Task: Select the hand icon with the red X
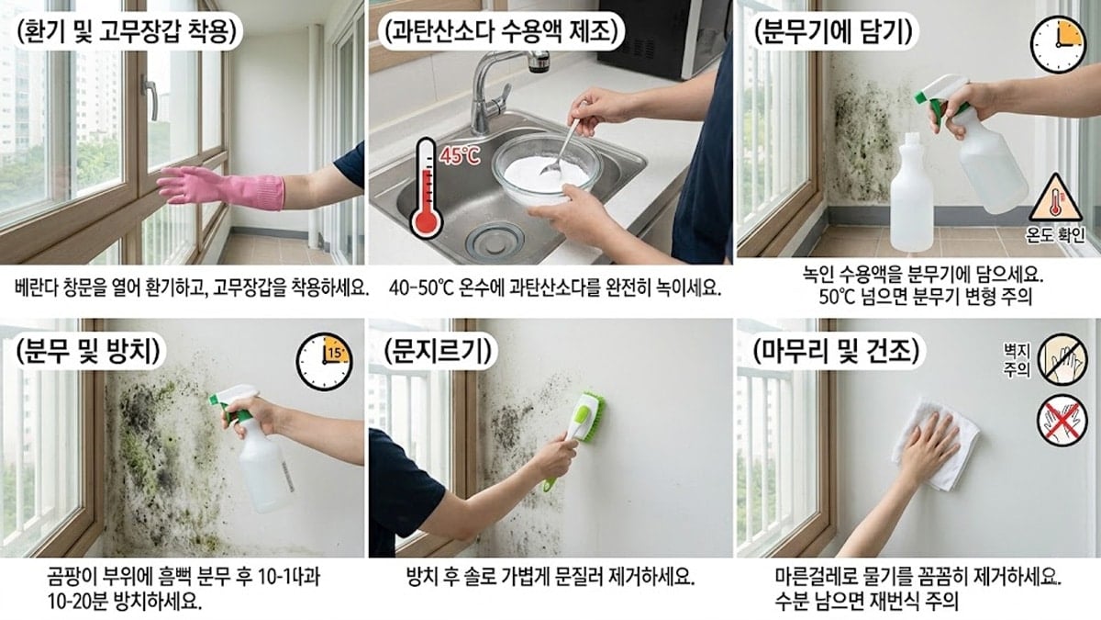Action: (x=1062, y=421)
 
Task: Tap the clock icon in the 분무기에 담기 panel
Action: (x=1058, y=44)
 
